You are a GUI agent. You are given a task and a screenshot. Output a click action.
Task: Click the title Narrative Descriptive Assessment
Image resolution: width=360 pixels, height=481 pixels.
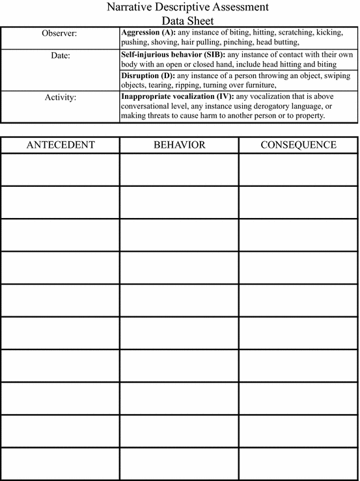coord(179,8)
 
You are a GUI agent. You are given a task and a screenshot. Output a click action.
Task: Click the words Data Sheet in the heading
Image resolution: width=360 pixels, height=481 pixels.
coord(179,20)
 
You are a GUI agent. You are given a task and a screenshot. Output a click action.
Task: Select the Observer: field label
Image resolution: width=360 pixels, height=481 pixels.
coord(60,33)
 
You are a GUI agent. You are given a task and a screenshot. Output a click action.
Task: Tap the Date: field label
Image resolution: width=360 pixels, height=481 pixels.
coord(60,55)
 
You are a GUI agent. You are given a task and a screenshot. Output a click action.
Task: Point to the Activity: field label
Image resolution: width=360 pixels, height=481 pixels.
coord(60,98)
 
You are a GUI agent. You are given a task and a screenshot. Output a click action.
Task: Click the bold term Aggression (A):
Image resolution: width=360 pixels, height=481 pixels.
coord(146,32)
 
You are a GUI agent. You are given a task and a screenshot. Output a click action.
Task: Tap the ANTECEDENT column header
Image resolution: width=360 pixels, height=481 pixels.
coord(60,144)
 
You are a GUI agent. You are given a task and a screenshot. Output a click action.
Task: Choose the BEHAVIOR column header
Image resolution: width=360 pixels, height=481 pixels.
coord(179,144)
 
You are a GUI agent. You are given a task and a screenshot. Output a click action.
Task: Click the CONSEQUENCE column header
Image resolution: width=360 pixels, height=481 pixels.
coord(298,144)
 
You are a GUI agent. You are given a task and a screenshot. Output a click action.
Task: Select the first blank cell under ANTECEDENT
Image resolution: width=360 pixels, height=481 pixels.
coord(60,169)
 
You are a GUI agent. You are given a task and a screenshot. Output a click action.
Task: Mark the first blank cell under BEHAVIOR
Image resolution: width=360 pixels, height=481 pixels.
coord(179,169)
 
